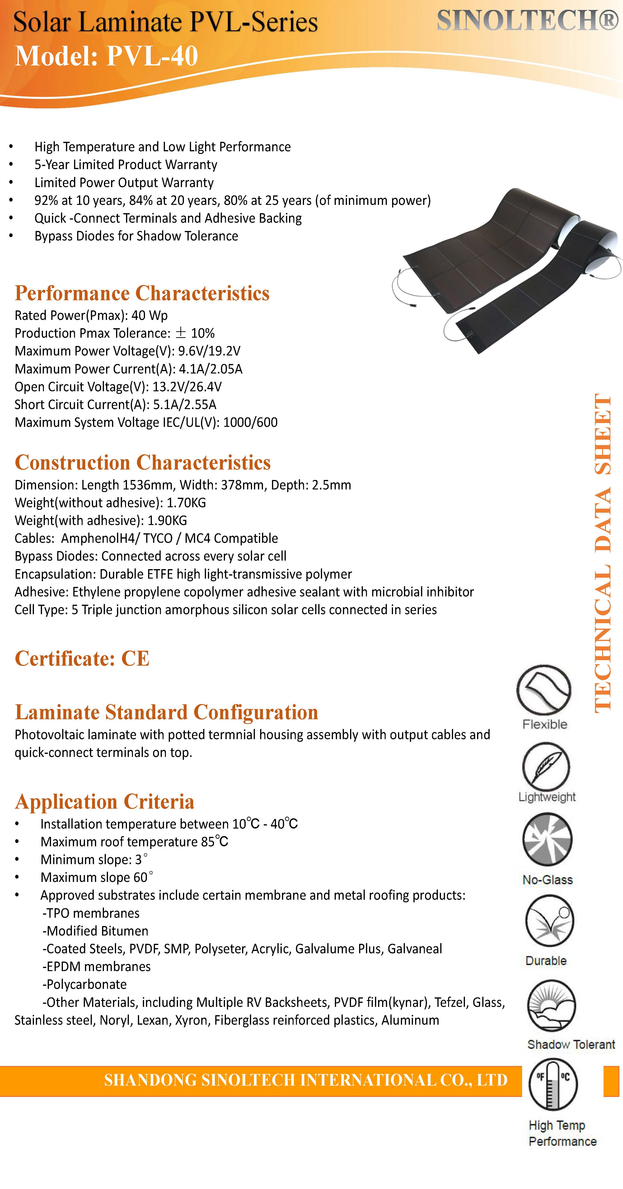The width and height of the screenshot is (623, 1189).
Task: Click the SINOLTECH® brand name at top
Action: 527,21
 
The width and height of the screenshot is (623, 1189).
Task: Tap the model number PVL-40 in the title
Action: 152,56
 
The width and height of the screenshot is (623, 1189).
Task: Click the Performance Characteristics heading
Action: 142,293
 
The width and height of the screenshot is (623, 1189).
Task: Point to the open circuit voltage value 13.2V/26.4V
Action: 187,387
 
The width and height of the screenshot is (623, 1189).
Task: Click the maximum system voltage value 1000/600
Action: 250,422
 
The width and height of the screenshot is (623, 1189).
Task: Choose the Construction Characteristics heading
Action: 143,462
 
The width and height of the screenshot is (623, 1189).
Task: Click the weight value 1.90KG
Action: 167,521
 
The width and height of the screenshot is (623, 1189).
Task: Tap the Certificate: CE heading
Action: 82,659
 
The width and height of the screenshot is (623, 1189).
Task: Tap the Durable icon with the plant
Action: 549,921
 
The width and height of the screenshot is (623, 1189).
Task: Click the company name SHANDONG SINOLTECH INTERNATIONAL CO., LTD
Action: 306,1080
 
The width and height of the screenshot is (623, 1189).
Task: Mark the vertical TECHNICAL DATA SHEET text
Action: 603,554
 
